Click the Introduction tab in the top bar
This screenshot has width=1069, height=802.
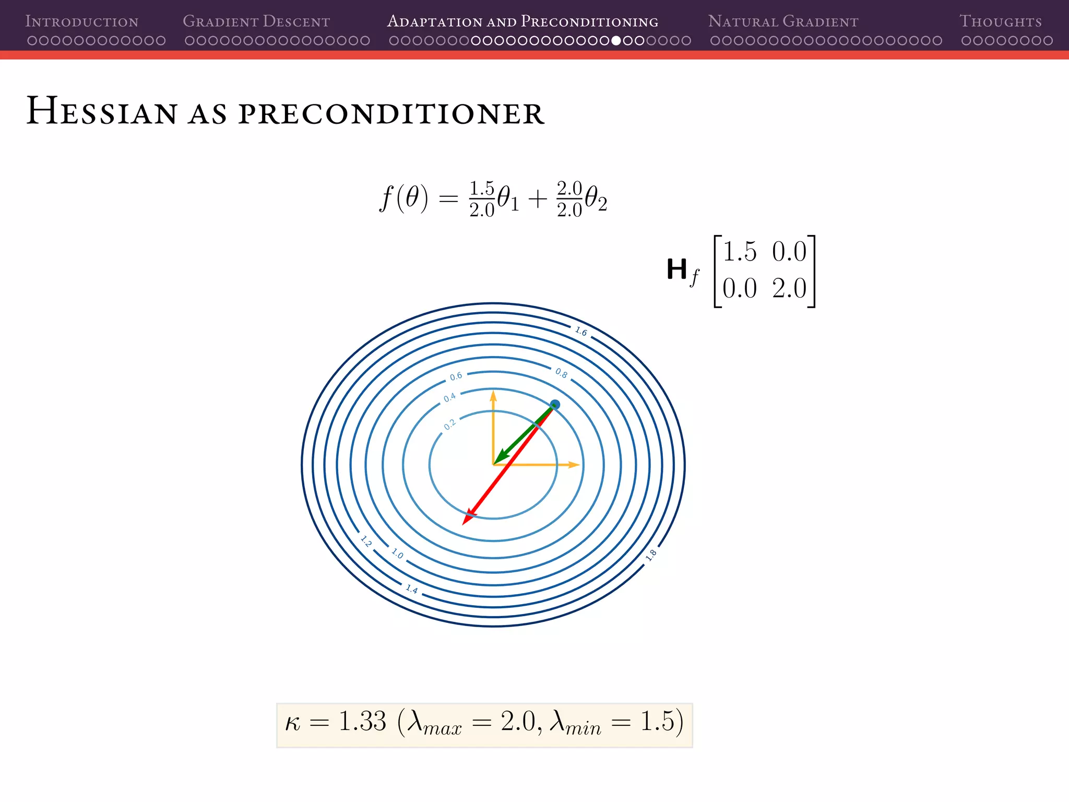pos(82,21)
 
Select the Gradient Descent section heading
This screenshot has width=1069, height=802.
pos(256,21)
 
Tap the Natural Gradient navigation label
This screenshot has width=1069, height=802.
pos(783,21)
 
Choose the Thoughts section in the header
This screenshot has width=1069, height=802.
pos(1001,21)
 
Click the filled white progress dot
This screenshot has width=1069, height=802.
pos(616,40)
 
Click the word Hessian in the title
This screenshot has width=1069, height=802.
pos(102,111)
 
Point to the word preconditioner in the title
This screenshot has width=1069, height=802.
pos(391,113)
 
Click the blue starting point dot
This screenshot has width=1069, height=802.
pos(555,405)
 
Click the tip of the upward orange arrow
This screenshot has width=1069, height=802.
pos(493,394)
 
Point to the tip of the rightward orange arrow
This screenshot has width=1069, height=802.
pos(576,464)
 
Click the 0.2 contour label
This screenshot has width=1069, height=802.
pos(449,424)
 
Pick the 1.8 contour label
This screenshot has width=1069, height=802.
pos(651,556)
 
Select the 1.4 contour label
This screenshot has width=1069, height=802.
pos(412,589)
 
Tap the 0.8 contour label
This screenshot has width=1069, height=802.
pos(561,373)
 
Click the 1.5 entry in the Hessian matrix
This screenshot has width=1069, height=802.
pos(739,252)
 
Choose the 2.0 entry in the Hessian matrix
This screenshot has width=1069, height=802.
pos(789,288)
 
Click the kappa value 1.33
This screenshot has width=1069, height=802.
pos(362,722)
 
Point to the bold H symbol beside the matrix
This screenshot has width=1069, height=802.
pos(677,270)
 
